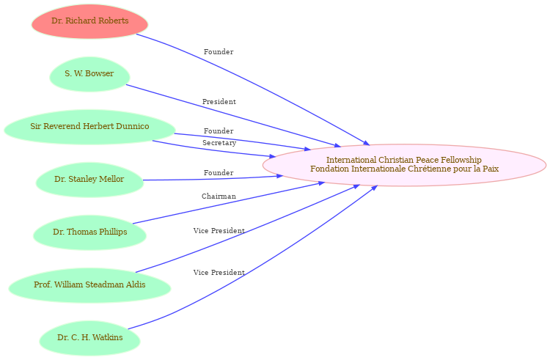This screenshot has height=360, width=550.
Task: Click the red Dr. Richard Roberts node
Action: click(x=89, y=21)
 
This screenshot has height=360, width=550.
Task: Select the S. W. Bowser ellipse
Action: click(x=89, y=74)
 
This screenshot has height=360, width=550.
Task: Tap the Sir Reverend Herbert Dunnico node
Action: click(x=89, y=127)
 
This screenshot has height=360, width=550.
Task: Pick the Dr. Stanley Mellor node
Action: click(x=89, y=180)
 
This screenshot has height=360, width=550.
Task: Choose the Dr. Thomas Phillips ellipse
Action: click(x=89, y=232)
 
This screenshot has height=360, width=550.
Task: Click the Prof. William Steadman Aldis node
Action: click(x=89, y=285)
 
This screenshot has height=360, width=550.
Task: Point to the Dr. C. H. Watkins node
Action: click(x=89, y=338)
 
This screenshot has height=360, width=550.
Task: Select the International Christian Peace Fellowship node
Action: click(x=404, y=165)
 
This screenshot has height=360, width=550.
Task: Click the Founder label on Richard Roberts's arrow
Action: click(x=219, y=52)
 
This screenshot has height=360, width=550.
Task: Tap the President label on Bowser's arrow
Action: click(x=219, y=102)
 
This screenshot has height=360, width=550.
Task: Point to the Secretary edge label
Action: click(x=219, y=143)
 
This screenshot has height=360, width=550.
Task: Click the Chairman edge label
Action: click(x=219, y=196)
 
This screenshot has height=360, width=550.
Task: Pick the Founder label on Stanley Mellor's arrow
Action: click(x=219, y=173)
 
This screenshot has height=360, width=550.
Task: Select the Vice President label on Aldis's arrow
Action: click(x=219, y=231)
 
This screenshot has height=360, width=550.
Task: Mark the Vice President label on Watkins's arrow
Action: click(x=219, y=272)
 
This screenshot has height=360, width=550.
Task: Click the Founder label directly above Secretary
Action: click(x=219, y=131)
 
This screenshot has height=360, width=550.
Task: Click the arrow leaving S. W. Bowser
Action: click(x=234, y=116)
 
